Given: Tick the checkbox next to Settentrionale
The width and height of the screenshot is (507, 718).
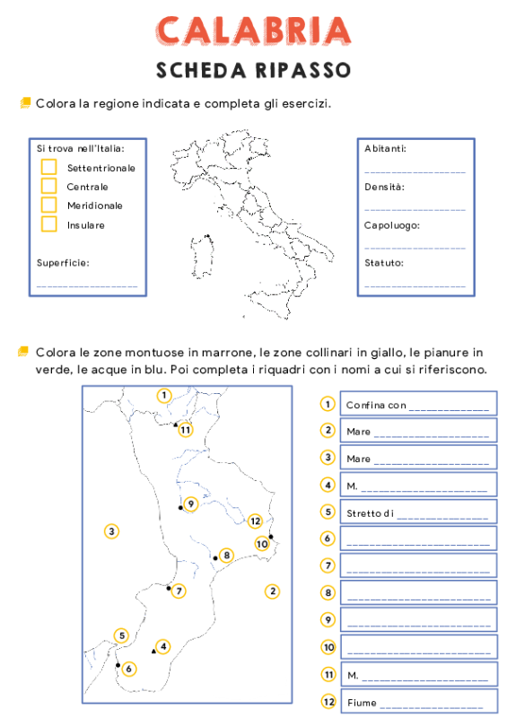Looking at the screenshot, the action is [x=48, y=168].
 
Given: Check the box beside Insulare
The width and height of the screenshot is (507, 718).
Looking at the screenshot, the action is [x=48, y=224].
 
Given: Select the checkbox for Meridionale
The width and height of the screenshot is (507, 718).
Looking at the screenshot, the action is [x=48, y=206].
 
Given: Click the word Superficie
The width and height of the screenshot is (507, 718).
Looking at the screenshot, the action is [x=63, y=264].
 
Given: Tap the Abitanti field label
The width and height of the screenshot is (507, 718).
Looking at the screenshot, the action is [x=386, y=148].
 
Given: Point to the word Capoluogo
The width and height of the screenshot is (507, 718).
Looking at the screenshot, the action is [x=392, y=225].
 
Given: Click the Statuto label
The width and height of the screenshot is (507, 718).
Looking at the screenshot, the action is [x=384, y=264].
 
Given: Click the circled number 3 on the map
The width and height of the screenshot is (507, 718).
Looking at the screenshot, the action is [x=111, y=531].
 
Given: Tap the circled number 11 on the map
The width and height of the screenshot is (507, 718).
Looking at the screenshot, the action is [x=186, y=429].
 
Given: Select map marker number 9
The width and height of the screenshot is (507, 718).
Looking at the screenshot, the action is [x=190, y=504].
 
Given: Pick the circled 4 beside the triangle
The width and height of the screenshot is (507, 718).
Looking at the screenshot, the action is [x=162, y=646].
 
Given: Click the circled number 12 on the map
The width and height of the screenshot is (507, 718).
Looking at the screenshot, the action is [x=256, y=521].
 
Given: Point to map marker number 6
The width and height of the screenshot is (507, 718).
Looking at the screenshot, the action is [x=129, y=669].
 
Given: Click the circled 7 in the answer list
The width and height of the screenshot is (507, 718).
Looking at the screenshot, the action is [x=328, y=566].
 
